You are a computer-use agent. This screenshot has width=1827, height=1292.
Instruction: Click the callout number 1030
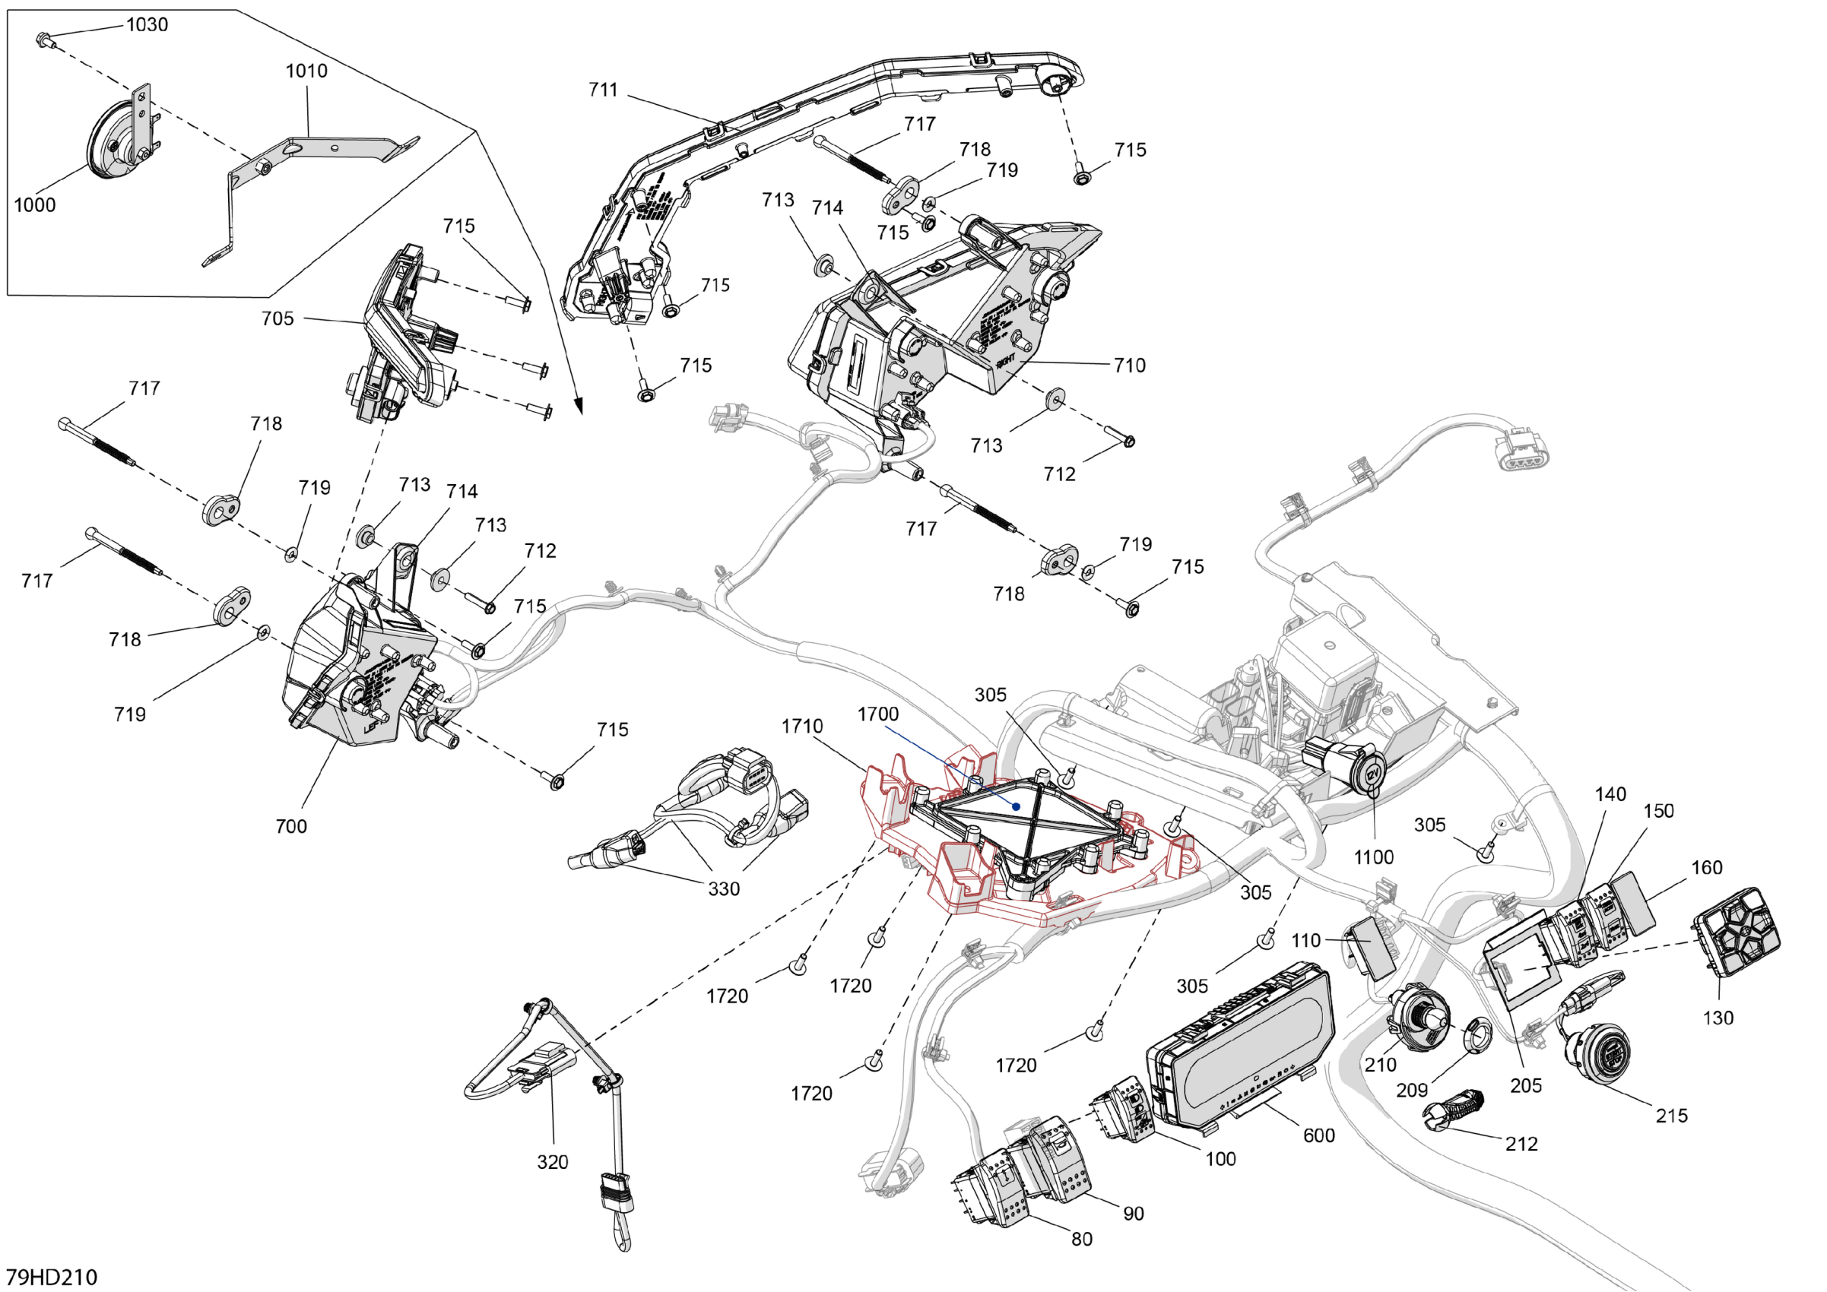147,24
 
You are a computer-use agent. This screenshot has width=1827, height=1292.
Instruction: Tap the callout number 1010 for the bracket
306,71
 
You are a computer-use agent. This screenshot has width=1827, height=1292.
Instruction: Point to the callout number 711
603,90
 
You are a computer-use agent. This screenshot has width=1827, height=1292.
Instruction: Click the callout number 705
278,318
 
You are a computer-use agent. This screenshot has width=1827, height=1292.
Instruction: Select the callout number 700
291,826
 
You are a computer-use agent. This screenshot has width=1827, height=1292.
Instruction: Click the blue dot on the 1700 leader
1017,806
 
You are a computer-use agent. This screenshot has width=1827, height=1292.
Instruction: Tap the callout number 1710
802,726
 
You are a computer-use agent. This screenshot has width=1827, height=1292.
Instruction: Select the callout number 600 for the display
1318,1135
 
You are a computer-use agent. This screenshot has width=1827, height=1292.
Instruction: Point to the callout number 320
552,1162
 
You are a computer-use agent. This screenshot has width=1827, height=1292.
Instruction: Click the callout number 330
724,888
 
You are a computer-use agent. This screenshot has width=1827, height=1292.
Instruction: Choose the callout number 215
1672,1116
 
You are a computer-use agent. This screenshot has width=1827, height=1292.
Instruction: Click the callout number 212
1521,1144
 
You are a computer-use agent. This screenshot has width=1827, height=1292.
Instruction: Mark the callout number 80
1081,1239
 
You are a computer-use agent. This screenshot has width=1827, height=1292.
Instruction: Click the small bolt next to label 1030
43,38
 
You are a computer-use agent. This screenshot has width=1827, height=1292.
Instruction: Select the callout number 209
1412,1091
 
